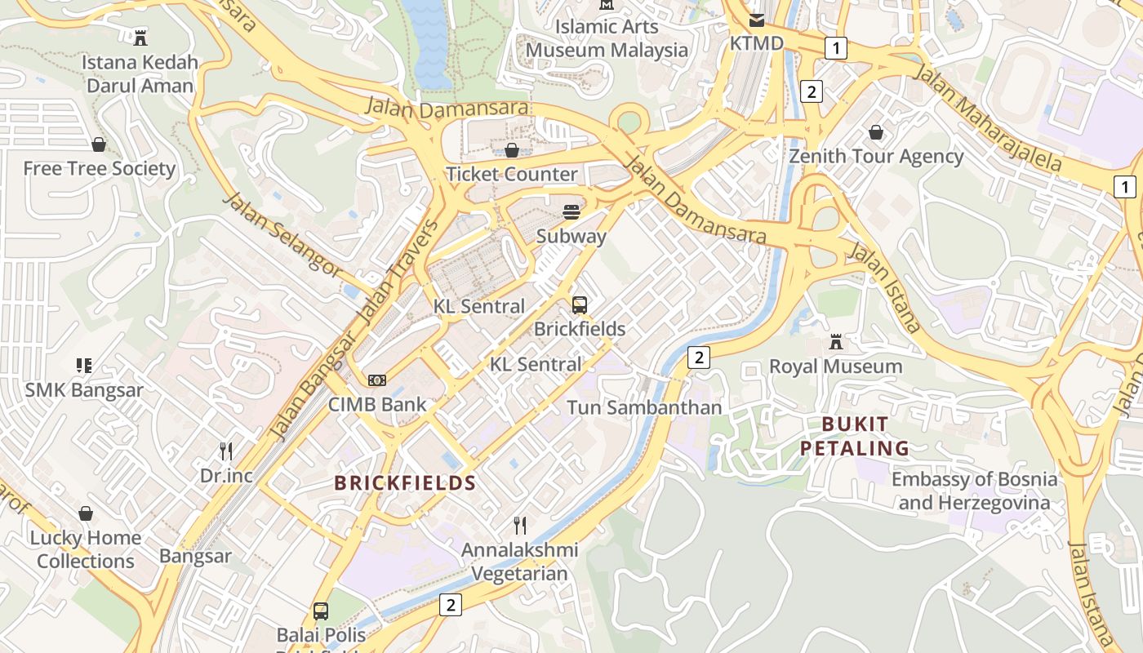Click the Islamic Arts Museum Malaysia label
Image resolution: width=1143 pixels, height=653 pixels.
click(607, 38)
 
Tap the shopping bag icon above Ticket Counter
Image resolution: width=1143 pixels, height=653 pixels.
click(512, 150)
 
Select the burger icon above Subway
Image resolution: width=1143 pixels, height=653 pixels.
click(571, 212)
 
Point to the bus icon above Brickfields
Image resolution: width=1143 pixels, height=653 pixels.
click(580, 305)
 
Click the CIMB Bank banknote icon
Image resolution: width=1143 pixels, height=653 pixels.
click(377, 380)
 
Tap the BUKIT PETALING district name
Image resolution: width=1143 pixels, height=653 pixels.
click(854, 436)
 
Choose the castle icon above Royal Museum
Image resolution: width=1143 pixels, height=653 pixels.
click(836, 342)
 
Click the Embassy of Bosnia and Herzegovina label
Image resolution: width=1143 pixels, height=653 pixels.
click(974, 491)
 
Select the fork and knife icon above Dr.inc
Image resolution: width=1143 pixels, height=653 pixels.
click(226, 451)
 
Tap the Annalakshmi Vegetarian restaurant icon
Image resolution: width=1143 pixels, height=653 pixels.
click(520, 525)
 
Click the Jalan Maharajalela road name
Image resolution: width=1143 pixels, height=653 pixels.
click(989, 118)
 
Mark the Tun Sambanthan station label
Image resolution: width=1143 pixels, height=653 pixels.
click(644, 407)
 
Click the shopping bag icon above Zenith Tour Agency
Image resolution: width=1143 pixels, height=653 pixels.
click(876, 132)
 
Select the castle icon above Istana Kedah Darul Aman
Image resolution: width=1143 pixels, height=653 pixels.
click(140, 37)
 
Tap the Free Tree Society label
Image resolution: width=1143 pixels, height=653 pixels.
click(100, 169)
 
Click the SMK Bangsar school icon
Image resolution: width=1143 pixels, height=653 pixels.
click(84, 366)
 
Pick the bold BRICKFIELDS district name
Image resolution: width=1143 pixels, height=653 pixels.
click(405, 482)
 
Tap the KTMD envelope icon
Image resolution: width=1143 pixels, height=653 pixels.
click(757, 20)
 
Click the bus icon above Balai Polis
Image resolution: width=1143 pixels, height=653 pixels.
click(321, 611)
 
